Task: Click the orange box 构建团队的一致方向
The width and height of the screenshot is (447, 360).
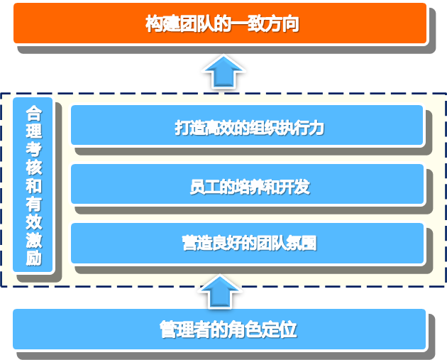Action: pyautogui.click(x=220, y=23)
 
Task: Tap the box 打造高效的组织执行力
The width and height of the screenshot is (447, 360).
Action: pyautogui.click(x=247, y=125)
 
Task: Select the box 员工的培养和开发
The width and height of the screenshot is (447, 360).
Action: pyautogui.click(x=247, y=184)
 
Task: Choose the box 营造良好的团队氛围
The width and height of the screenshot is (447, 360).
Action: pyautogui.click(x=247, y=244)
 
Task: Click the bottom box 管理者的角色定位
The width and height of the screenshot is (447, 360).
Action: pyautogui.click(x=219, y=329)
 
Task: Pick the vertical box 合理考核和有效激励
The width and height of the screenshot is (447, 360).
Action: pyautogui.click(x=33, y=185)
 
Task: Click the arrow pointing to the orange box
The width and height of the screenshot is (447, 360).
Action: pyautogui.click(x=223, y=71)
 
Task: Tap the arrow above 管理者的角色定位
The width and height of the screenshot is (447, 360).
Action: pyautogui.click(x=219, y=291)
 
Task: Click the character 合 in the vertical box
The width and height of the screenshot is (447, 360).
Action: pyautogui.click(x=34, y=113)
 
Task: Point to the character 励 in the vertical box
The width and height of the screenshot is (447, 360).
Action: pyautogui.click(x=34, y=258)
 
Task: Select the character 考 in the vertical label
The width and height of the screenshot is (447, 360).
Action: pyautogui.click(x=34, y=149)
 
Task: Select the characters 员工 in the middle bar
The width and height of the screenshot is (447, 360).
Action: pyautogui.click(x=204, y=187)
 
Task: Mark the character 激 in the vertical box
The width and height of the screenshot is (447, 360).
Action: pyautogui.click(x=34, y=240)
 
